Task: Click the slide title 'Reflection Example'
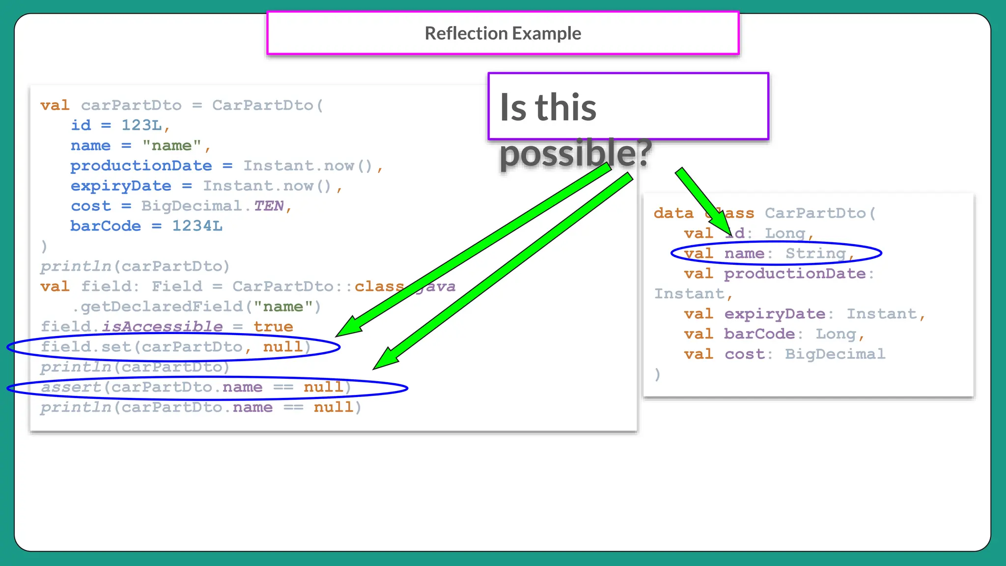pos(503,33)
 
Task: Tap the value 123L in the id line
pos(141,125)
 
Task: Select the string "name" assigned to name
pos(171,146)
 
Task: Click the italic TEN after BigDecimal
pos(268,206)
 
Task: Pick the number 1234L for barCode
pos(196,226)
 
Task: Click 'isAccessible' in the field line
pos(162,327)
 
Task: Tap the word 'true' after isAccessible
pos(273,327)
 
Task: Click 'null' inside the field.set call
pos(283,347)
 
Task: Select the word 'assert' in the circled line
pos(71,387)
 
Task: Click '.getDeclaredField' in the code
pos(157,307)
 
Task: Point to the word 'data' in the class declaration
pos(673,213)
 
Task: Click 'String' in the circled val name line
pos(815,254)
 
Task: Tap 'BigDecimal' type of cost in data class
pos(835,354)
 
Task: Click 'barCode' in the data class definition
pos(759,334)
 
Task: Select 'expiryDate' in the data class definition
pos(775,314)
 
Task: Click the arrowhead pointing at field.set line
pos(350,327)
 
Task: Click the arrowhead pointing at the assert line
pos(386,359)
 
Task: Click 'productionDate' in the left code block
pos(141,166)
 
